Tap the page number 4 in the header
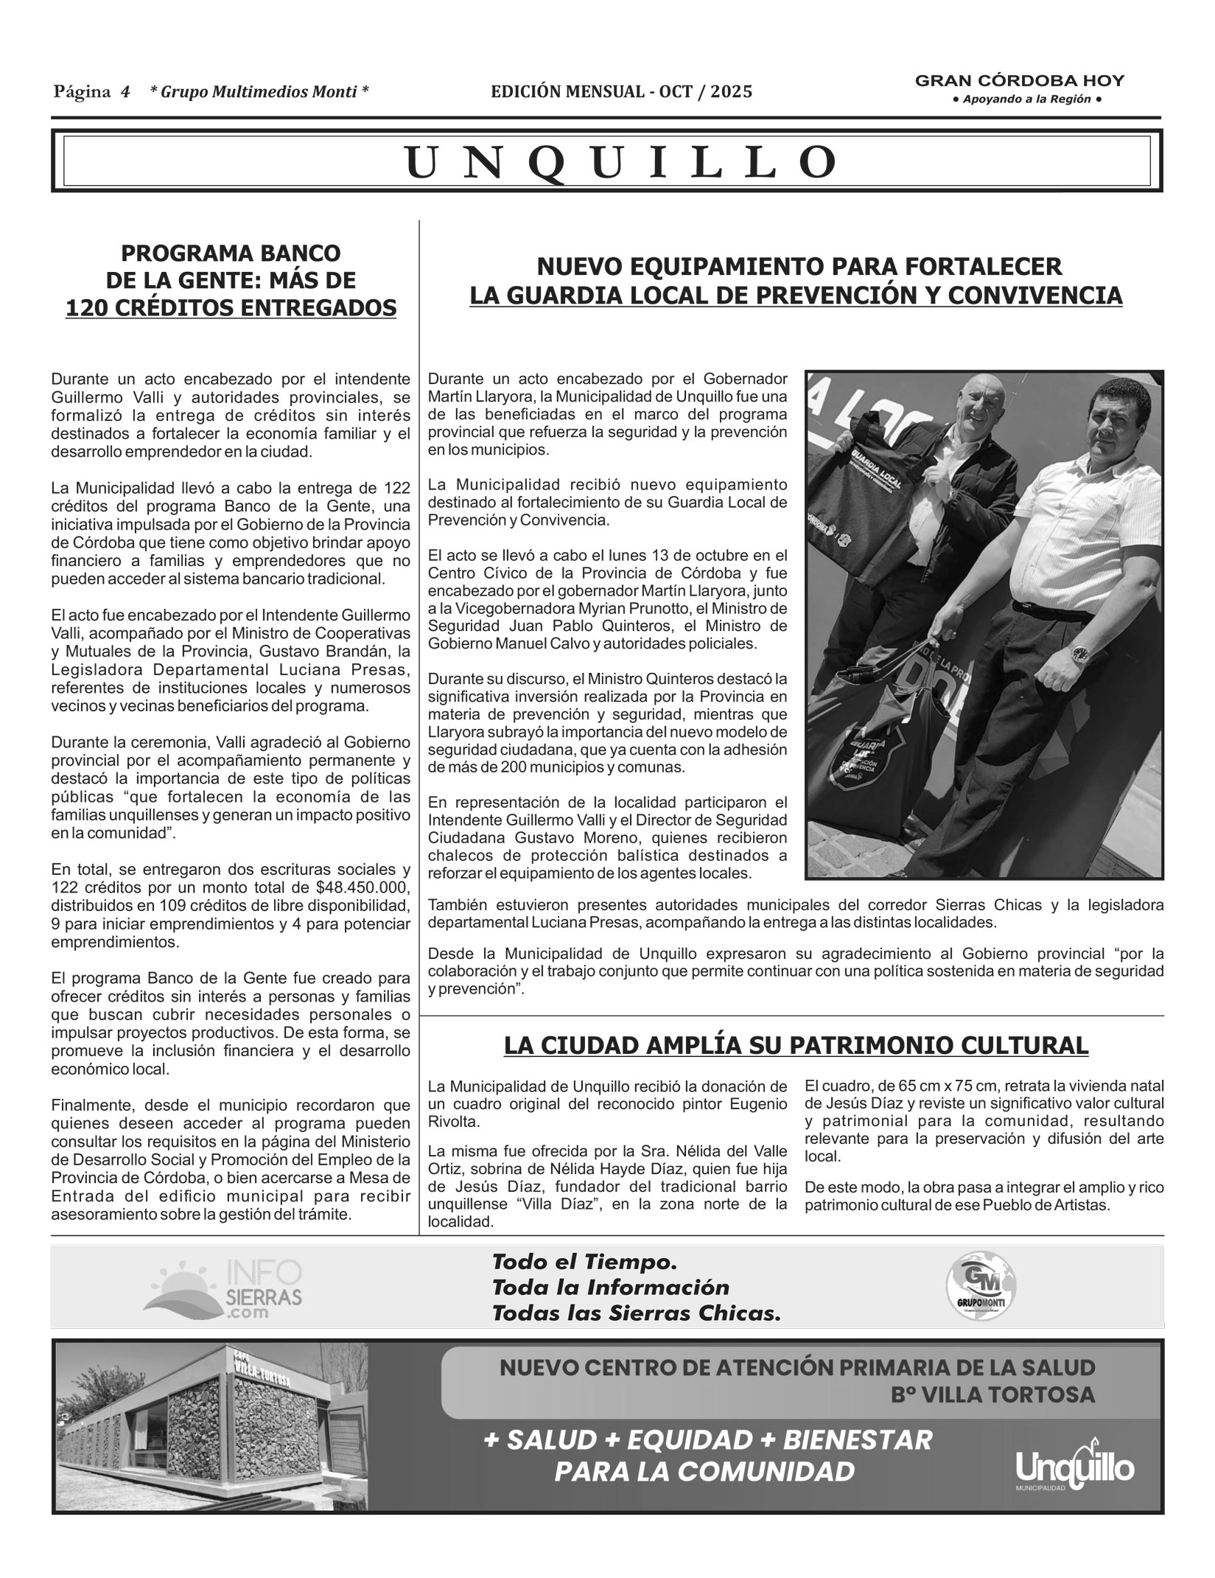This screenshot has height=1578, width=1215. click(125, 92)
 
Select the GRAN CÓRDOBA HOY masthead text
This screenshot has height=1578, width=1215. click(1020, 81)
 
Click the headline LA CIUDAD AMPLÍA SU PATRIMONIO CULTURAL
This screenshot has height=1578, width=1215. click(796, 1045)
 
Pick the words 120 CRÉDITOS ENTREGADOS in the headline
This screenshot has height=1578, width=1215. click(231, 307)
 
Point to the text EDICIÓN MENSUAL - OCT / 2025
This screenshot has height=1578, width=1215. click(622, 92)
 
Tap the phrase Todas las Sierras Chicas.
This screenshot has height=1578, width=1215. click(636, 1313)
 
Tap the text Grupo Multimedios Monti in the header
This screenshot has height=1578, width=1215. click(259, 92)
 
